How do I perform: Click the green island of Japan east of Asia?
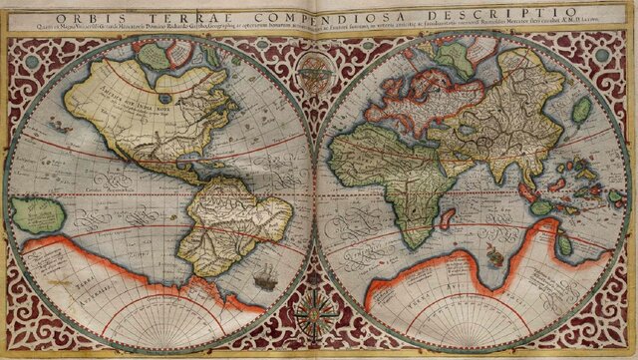click(x=581, y=110)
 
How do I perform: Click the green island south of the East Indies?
click(x=542, y=206)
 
